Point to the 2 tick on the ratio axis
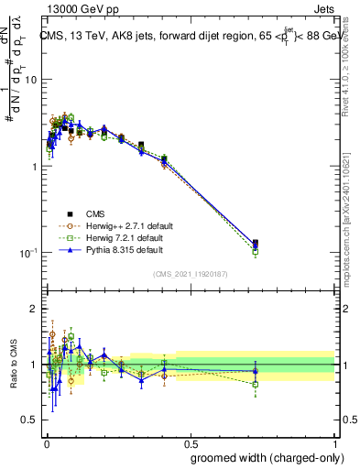[x=34, y=309]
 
